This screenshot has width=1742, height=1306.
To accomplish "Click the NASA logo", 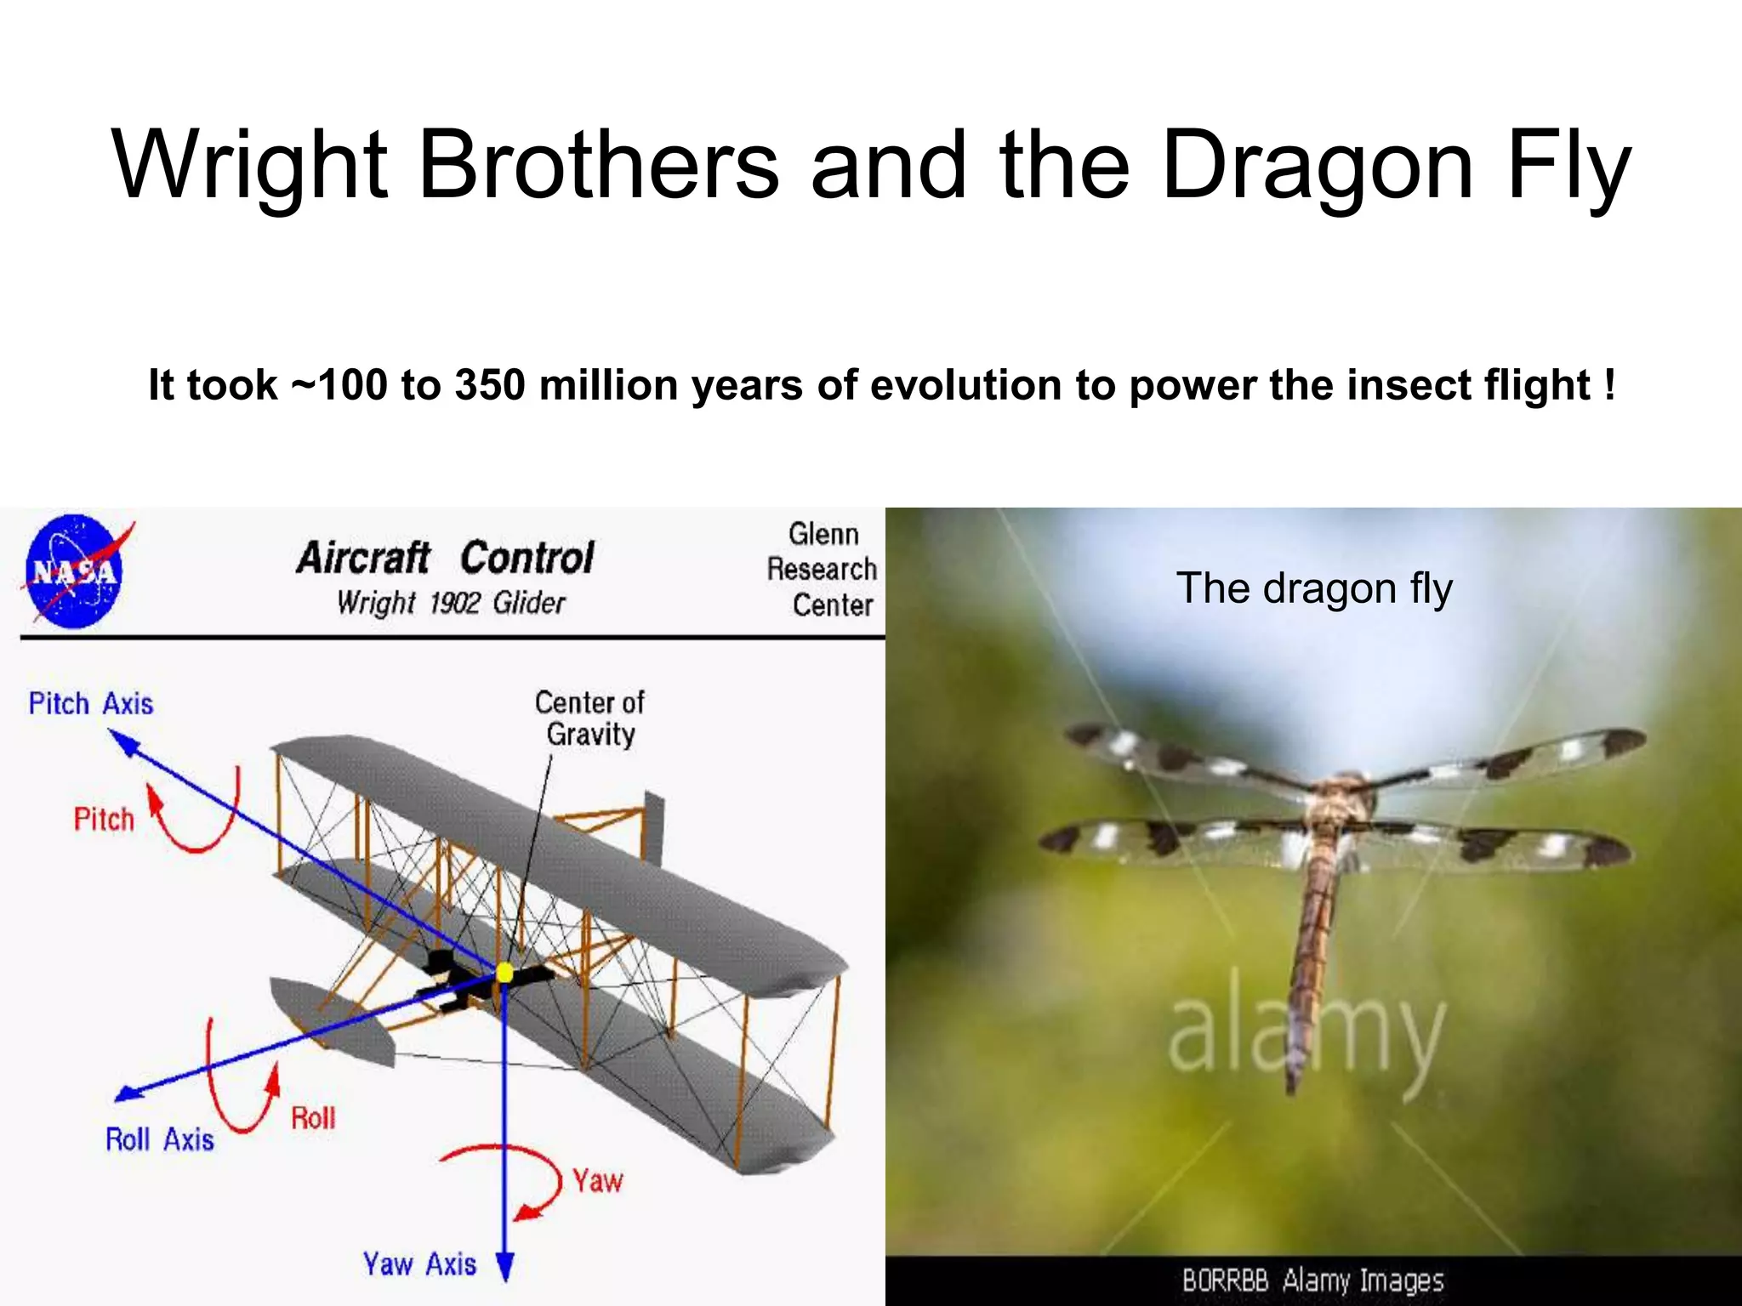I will click(x=73, y=571).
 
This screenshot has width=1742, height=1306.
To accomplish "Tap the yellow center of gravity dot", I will click(x=504, y=972).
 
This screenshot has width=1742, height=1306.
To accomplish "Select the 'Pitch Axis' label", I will click(x=91, y=704).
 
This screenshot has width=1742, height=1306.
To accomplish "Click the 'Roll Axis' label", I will click(x=159, y=1139).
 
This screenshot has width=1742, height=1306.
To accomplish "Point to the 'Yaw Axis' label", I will click(x=419, y=1263).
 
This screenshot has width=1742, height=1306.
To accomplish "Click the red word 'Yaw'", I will click(x=597, y=1181).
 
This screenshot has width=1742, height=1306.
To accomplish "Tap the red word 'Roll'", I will click(x=313, y=1118).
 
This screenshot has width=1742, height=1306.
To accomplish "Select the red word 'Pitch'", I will click(x=104, y=819).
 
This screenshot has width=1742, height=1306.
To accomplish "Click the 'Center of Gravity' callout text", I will click(x=589, y=718).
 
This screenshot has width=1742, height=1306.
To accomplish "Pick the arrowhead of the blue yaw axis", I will click(x=505, y=1267).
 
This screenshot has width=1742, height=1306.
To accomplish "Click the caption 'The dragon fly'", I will click(x=1314, y=588).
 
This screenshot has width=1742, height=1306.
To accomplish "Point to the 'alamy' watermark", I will click(x=1306, y=1037).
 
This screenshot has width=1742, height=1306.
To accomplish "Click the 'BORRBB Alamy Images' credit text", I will click(x=1312, y=1280).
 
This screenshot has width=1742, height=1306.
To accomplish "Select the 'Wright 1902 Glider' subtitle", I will click(x=451, y=603).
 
